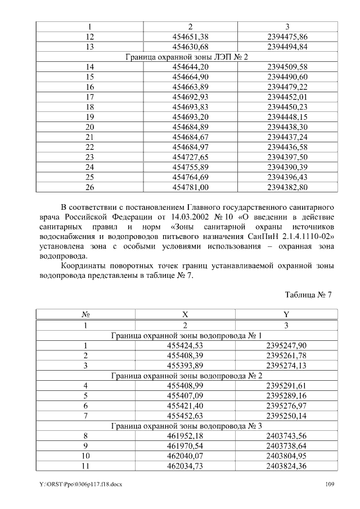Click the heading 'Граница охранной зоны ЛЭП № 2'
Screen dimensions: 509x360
(x=186, y=57)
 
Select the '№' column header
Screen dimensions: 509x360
(x=86, y=315)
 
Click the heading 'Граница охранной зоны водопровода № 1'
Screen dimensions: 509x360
(x=186, y=336)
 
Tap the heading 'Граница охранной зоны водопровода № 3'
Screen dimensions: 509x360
(x=186, y=426)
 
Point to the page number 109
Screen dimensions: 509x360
(x=331, y=485)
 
